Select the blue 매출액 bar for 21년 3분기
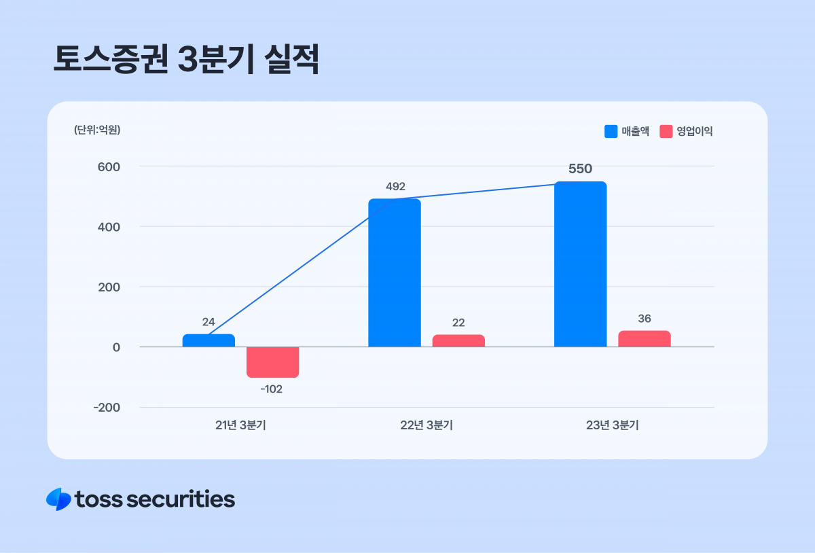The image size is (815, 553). click(x=209, y=340)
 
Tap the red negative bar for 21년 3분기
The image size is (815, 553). click(x=272, y=362)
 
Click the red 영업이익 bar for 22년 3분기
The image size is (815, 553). click(x=458, y=341)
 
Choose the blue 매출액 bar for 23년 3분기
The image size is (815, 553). click(x=580, y=264)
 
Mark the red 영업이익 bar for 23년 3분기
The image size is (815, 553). click(x=644, y=339)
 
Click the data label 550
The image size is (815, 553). click(x=580, y=169)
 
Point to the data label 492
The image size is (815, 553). click(x=395, y=186)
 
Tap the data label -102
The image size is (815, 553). click(x=272, y=389)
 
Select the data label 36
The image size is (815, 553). click(x=644, y=319)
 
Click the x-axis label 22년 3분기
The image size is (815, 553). click(x=427, y=426)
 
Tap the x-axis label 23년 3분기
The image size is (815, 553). click(x=612, y=426)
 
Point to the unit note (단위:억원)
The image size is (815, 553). click(x=97, y=130)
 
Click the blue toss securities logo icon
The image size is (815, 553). click(x=58, y=499)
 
